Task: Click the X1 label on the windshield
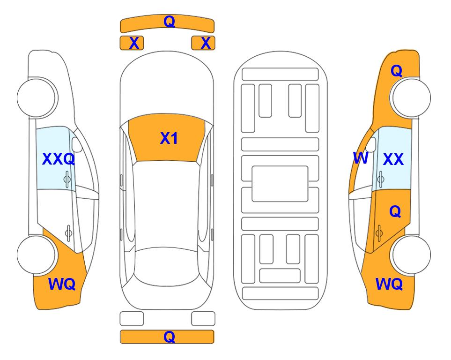[169, 138]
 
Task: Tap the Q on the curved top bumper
[169, 22]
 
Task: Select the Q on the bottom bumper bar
[169, 337]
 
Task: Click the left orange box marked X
[132, 43]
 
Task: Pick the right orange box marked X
[203, 43]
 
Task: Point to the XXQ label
[59, 159]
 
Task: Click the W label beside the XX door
[361, 158]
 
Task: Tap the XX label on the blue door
[393, 159]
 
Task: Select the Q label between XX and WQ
[395, 212]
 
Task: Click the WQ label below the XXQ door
[62, 284]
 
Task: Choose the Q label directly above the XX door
[396, 71]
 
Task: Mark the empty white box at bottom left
[132, 319]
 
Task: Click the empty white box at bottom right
[203, 319]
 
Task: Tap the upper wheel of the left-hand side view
[37, 97]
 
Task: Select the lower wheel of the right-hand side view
[411, 255]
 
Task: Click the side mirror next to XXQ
[77, 144]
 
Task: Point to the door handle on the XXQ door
[67, 180]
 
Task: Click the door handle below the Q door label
[379, 233]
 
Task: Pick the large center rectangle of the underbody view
[280, 184]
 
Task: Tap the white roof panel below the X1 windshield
[166, 204]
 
